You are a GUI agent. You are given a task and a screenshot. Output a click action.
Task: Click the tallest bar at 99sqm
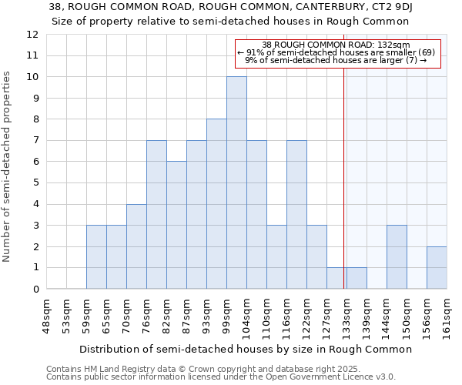pyautogui.click(x=236, y=183)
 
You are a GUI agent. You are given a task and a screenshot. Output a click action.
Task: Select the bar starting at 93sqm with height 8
pyautogui.click(x=216, y=204)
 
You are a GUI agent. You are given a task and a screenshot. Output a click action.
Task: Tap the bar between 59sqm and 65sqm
pyautogui.click(x=96, y=257)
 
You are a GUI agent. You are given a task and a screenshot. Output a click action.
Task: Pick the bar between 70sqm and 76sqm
pyautogui.click(x=136, y=246)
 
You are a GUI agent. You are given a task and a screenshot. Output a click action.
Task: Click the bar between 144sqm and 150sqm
pyautogui.click(x=397, y=257)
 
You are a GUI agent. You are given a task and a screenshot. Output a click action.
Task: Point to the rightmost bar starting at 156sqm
pyautogui.click(x=437, y=268)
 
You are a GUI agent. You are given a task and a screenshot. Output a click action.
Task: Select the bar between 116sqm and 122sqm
pyautogui.click(x=296, y=215)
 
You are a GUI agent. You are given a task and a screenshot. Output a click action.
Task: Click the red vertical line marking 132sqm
pyautogui.click(x=343, y=169)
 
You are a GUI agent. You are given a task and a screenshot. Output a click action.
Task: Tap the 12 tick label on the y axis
pyautogui.click(x=53, y=35)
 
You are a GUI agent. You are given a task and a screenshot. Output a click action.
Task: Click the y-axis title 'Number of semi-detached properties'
pyautogui.click(x=7, y=166)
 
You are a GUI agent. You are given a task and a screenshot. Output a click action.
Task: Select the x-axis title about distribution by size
pyautogui.click(x=246, y=349)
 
